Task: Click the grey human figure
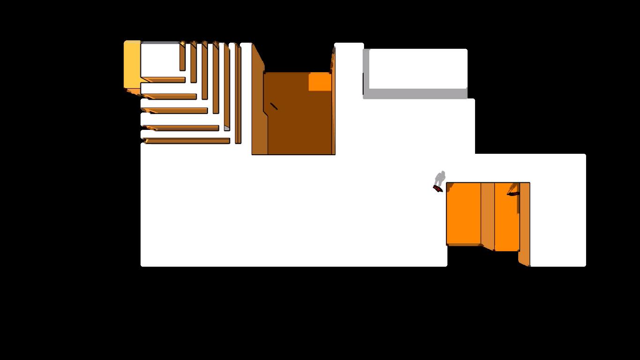tap(439, 178)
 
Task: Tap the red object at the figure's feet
tap(437, 188)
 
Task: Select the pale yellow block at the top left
tap(132, 64)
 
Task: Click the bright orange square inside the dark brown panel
tap(320, 82)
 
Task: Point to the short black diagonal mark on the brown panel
tap(274, 106)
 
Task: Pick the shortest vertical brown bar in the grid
tap(182, 57)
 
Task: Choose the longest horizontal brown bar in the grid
tap(187, 141)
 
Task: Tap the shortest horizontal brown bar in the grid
tap(164, 80)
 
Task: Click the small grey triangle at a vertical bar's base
tap(227, 128)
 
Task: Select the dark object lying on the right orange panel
tap(513, 193)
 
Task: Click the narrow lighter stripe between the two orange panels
tap(488, 216)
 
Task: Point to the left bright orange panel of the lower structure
tap(463, 213)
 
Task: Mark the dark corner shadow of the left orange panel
tap(450, 187)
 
